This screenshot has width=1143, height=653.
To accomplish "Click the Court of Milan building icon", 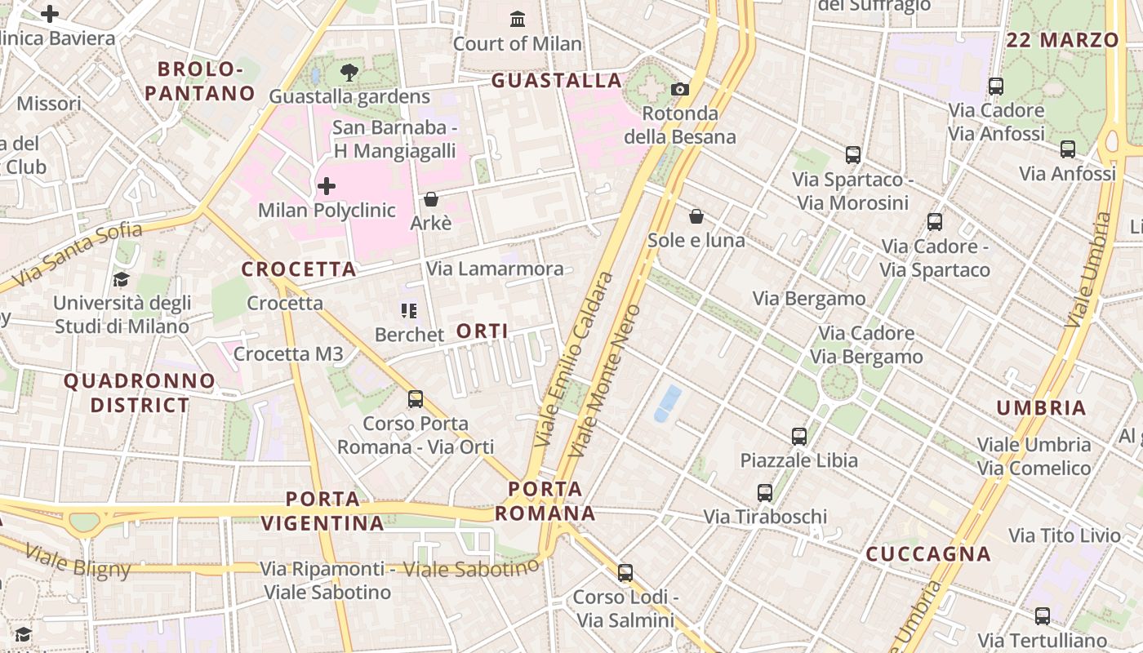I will pyautogui.click(x=517, y=19).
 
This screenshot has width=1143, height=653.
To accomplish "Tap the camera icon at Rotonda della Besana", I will pyautogui.click(x=679, y=89).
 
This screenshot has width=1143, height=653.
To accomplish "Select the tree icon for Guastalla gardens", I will pyautogui.click(x=349, y=73).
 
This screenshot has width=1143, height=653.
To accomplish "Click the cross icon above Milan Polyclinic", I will pyautogui.click(x=327, y=186).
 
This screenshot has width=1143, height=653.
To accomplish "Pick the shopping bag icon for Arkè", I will pyautogui.click(x=430, y=199).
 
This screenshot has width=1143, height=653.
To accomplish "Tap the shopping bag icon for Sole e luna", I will pyautogui.click(x=696, y=216).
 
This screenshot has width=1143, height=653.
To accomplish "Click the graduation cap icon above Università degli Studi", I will pyautogui.click(x=121, y=279).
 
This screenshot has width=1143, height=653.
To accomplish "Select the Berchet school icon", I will pyautogui.click(x=409, y=310).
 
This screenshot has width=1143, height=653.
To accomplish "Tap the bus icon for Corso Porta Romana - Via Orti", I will pyautogui.click(x=416, y=399).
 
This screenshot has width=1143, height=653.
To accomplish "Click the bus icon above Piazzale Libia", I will pyautogui.click(x=799, y=437).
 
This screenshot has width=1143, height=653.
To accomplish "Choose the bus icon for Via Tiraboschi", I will pyautogui.click(x=765, y=493).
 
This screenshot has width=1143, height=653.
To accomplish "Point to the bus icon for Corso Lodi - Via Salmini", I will pyautogui.click(x=625, y=573).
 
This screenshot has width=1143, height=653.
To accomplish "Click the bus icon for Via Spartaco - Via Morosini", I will pyautogui.click(x=853, y=155).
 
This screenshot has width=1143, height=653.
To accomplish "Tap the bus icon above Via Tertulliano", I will pyautogui.click(x=1043, y=616).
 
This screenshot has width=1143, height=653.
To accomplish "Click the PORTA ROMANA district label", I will pyautogui.click(x=545, y=501).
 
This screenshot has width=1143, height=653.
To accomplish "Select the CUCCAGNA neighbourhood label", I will pyautogui.click(x=928, y=554).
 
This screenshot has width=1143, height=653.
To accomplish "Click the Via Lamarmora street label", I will pyautogui.click(x=495, y=269).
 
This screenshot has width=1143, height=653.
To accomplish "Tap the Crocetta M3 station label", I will pyautogui.click(x=288, y=353).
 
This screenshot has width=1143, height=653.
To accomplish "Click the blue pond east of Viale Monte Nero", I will pyautogui.click(x=668, y=403).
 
